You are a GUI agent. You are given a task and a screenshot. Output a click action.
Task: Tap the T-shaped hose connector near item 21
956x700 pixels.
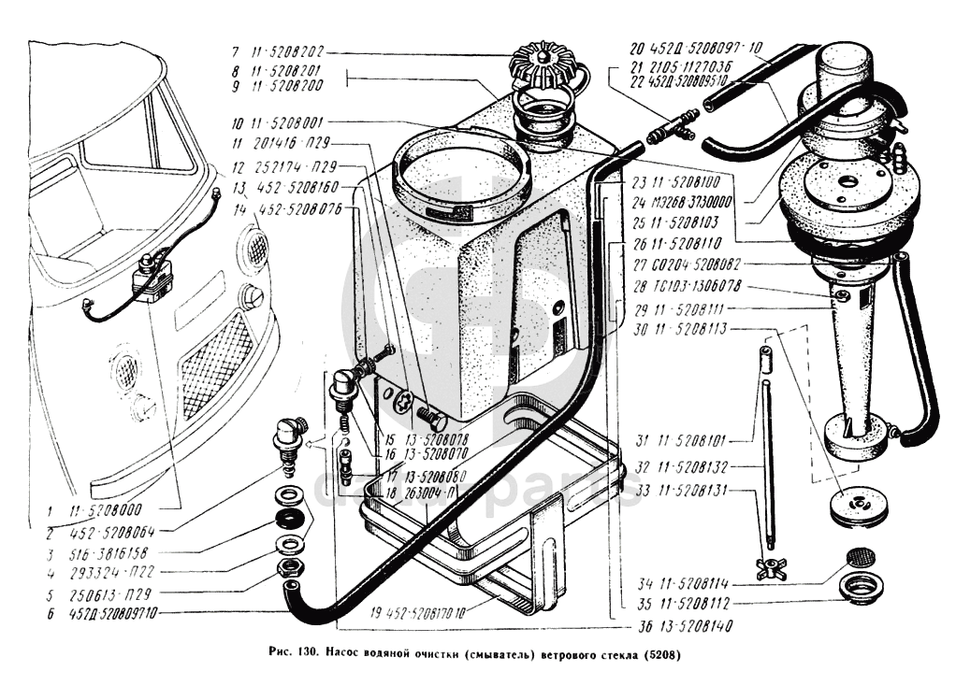(673, 123)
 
